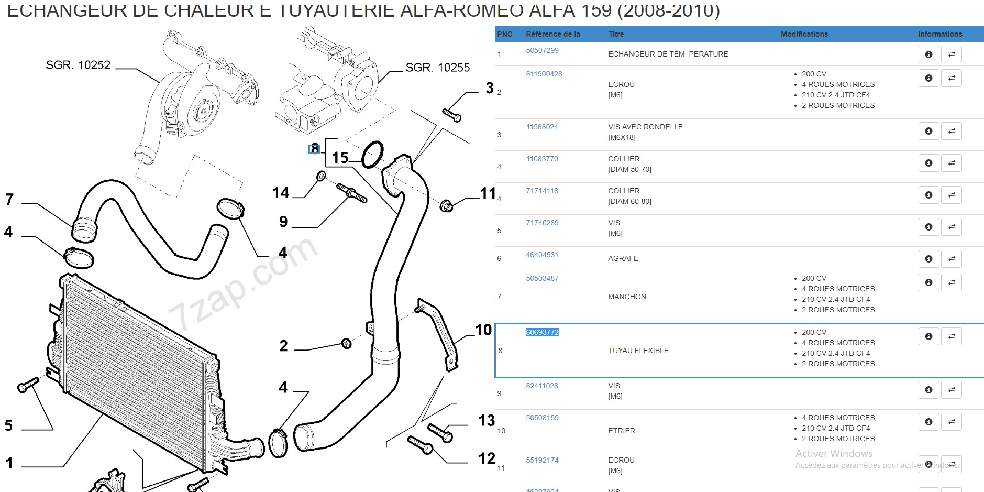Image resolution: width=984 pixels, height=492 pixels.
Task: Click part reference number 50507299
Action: coord(542,50)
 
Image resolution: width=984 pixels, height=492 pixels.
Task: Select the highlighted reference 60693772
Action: coord(542,332)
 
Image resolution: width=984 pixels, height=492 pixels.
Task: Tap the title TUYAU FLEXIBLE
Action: coord(638,351)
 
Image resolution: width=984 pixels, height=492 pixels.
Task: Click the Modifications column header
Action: coord(804,34)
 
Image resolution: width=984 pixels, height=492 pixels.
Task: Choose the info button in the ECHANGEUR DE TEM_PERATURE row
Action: coord(928,54)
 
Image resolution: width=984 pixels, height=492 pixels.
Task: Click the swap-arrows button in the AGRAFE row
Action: coord(951,259)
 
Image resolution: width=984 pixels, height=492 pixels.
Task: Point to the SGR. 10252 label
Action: coord(78,65)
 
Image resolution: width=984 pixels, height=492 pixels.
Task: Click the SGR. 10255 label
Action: coord(437,68)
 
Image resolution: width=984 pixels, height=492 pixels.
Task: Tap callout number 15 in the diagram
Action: coord(340,158)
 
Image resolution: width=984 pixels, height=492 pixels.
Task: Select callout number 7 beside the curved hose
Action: coord(9,199)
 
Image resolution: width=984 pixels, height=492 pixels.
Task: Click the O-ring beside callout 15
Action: coord(372,155)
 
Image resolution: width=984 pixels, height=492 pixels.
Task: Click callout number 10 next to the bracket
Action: coord(483,330)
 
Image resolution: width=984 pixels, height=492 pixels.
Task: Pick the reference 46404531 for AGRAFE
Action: coord(542,255)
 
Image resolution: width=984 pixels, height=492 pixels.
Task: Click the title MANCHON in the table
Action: coord(627,297)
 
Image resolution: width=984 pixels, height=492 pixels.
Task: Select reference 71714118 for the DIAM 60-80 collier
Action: coord(542,191)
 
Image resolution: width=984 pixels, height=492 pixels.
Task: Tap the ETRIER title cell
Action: coord(621,431)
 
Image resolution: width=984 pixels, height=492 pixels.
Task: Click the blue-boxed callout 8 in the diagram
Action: coord(314,149)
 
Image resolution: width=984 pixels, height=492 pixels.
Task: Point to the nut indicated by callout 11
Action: coord(446,205)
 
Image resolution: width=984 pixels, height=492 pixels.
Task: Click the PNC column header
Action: coord(504,34)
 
